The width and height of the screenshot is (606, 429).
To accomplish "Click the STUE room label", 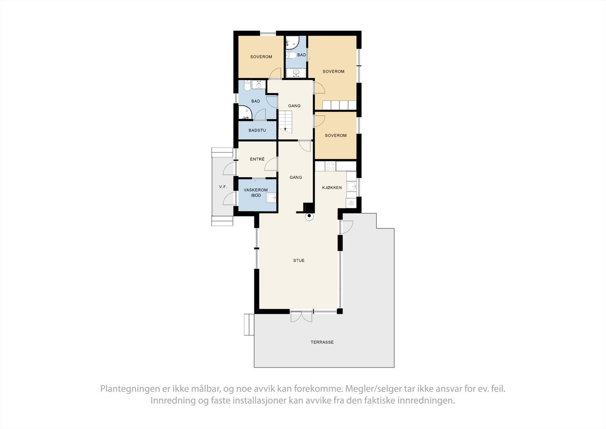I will [x=298, y=260].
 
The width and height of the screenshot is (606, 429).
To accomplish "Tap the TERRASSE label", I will [x=322, y=342].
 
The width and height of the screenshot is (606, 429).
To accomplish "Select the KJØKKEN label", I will [x=332, y=188].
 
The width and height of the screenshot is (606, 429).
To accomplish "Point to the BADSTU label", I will [x=257, y=130].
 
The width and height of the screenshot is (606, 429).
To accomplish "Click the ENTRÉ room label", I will [x=257, y=159].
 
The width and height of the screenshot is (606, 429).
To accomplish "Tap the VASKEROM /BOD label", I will [x=256, y=193].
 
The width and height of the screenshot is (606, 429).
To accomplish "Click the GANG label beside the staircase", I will [x=294, y=106].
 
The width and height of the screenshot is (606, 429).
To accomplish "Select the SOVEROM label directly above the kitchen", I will [x=336, y=135].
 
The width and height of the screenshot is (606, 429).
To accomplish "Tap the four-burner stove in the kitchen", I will [x=330, y=166].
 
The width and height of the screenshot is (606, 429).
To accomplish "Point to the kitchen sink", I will [x=351, y=186].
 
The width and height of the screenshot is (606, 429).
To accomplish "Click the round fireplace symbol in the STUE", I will [x=309, y=217].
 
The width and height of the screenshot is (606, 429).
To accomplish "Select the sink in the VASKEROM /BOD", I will [x=271, y=198].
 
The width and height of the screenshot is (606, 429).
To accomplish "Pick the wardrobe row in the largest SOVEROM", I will [x=339, y=105].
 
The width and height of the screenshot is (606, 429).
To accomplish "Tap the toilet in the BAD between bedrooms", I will [x=291, y=55].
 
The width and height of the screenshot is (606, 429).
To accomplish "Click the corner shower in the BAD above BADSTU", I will [x=245, y=113].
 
